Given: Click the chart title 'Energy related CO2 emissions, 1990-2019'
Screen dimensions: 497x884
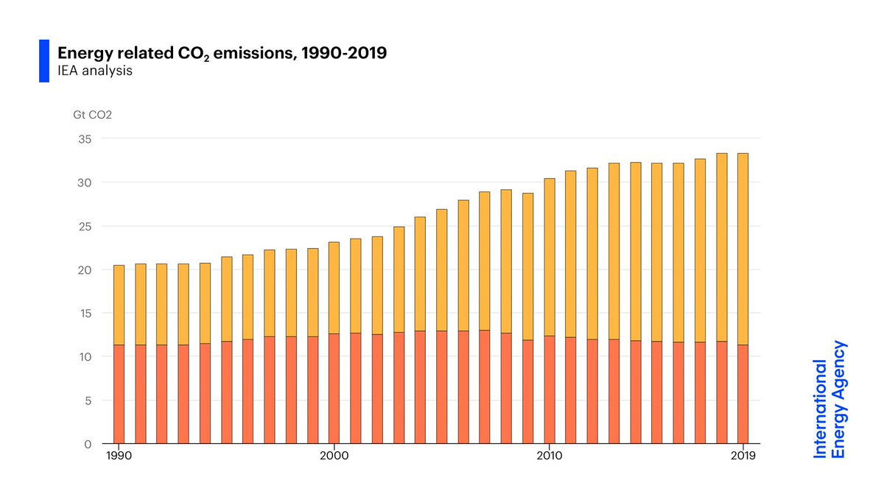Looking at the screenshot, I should click(222, 54).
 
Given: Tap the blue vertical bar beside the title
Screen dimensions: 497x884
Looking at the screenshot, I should click(43, 61).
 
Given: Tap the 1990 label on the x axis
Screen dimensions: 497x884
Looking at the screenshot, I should click(119, 457).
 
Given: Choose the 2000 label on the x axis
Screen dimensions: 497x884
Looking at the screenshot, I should click(334, 457).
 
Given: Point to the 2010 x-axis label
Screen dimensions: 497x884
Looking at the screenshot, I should click(549, 457).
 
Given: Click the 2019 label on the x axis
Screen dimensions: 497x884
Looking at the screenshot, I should click(743, 457).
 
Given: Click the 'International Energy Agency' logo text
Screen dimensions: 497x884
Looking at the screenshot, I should click(830, 400).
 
